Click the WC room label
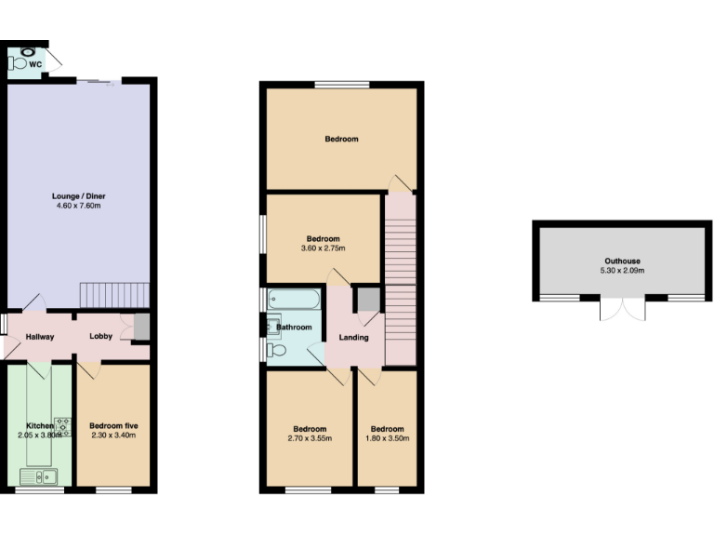tap(34, 64)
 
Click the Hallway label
tap(40, 337)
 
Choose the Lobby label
tap(101, 337)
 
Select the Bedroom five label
tap(113, 425)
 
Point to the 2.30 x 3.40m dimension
tap(113, 435)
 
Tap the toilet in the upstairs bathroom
tap(277, 350)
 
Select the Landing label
tap(353, 337)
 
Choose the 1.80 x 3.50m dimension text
tap(386, 438)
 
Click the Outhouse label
tap(622, 261)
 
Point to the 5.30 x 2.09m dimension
tap(622, 271)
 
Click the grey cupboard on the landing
tap(368, 300)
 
